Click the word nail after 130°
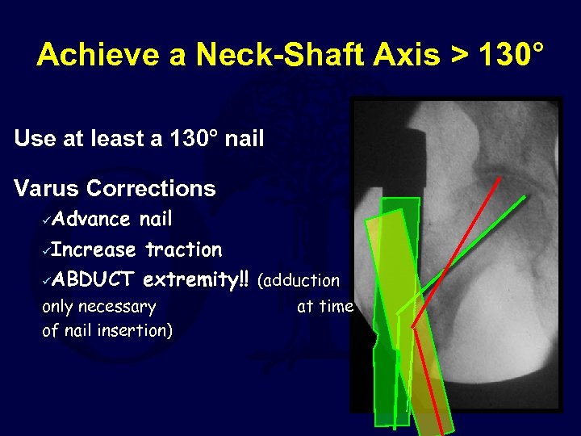[245, 139]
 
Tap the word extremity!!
[196, 279]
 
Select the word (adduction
[299, 281]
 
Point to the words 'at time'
[325, 306]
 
